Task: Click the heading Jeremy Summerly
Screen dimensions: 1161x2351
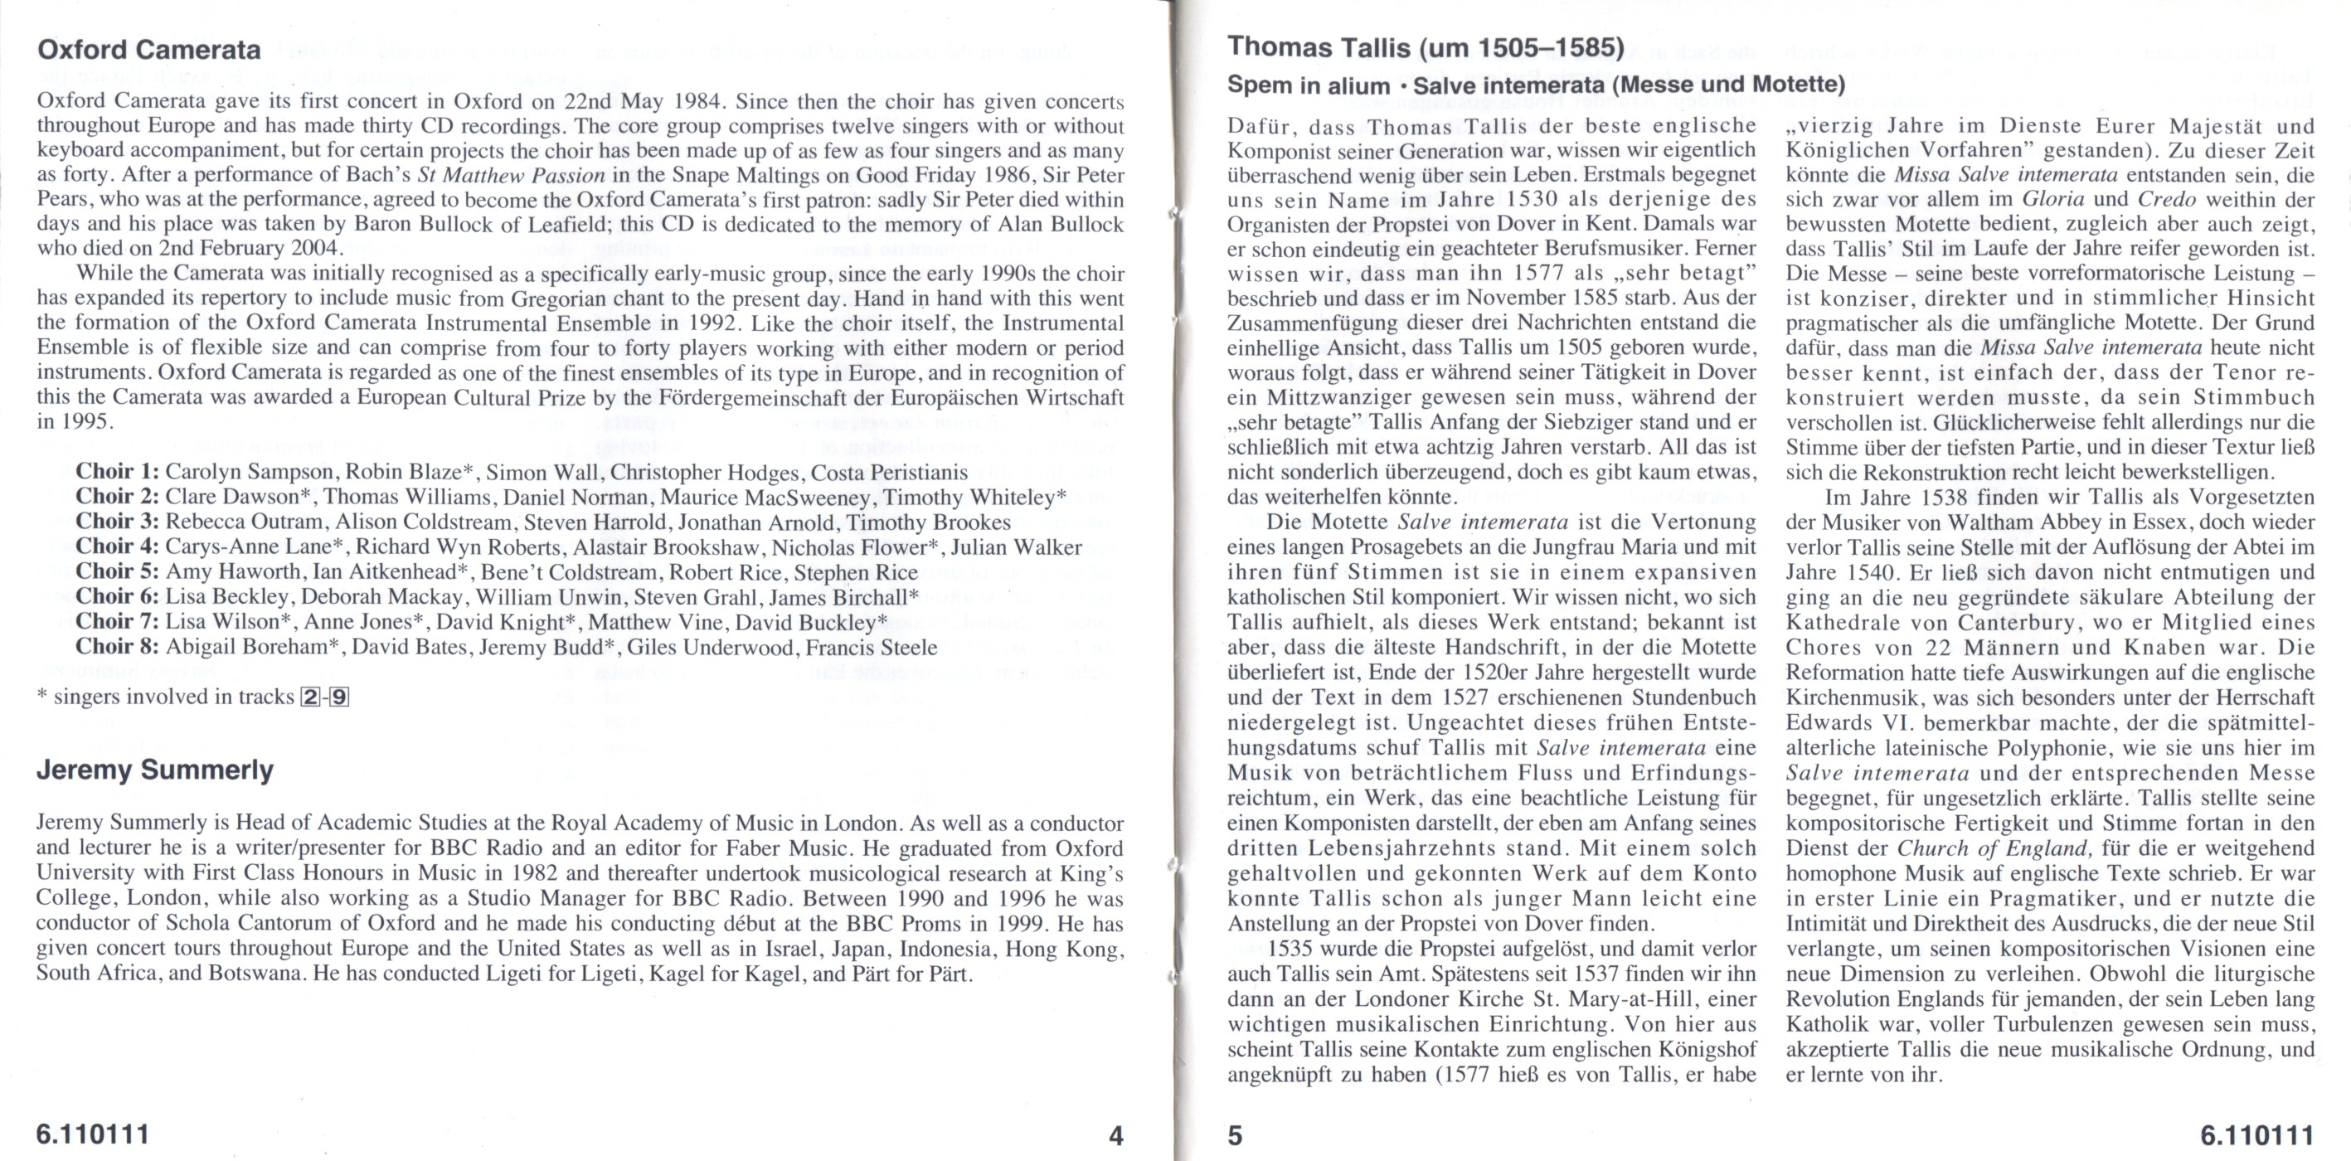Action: pos(154,771)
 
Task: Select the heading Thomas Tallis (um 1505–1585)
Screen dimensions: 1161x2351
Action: pos(1425,47)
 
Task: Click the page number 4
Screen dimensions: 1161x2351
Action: pos(1115,1136)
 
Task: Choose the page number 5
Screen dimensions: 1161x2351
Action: pos(1235,1136)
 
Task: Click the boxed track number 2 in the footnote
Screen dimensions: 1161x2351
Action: pos(309,698)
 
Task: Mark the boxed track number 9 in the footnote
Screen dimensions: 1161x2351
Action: pos(338,698)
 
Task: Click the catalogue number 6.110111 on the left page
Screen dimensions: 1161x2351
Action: pos(92,1136)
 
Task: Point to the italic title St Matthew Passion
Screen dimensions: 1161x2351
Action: pos(510,175)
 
